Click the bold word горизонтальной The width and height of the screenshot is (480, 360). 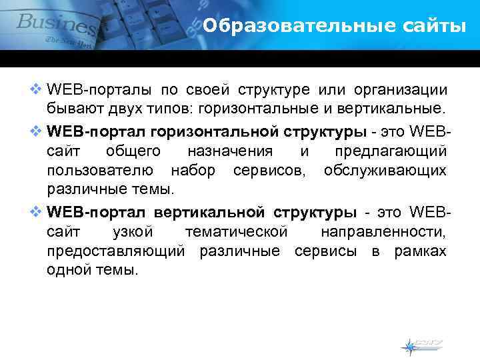point(207,129)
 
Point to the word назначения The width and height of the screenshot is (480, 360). point(230,151)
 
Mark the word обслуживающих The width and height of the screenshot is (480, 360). point(385,171)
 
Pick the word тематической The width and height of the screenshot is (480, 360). point(236,233)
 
